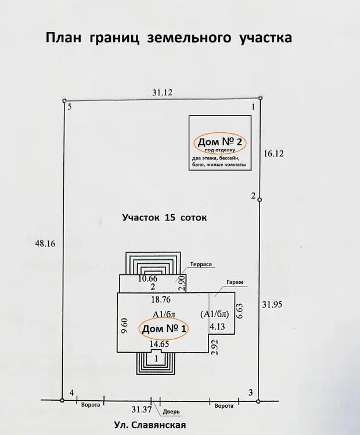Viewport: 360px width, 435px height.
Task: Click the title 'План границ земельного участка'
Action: click(168, 39)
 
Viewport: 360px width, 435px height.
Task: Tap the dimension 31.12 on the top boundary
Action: click(163, 92)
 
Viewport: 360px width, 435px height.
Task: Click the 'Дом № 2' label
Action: click(219, 142)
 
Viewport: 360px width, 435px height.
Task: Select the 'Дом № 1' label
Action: click(165, 329)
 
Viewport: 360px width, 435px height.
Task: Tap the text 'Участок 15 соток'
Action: click(164, 218)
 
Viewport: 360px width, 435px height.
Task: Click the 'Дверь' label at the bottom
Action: click(172, 412)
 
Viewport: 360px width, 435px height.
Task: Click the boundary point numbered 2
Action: click(260, 200)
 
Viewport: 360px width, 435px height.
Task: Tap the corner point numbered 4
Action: click(63, 399)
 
